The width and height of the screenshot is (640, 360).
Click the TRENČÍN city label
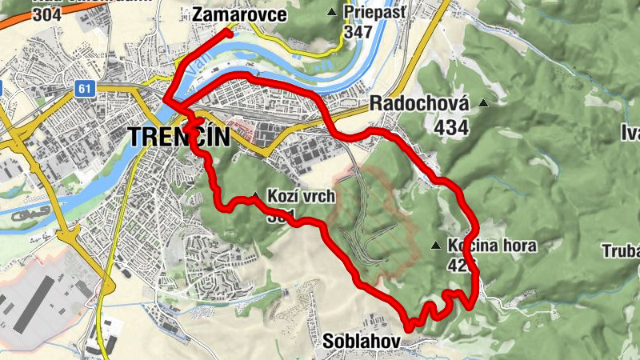[x=178, y=137]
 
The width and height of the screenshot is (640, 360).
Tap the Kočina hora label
[x=492, y=246]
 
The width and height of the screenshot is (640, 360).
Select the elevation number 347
[x=359, y=32]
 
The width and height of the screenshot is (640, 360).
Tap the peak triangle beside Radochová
[x=482, y=103]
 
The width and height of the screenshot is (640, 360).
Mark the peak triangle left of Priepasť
[x=332, y=11]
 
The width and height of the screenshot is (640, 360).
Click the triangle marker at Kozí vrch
[x=254, y=195]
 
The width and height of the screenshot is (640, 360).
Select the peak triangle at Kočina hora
[x=435, y=246]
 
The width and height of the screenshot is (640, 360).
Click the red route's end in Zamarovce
[x=229, y=34]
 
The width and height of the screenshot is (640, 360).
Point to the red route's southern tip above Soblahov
[x=409, y=327]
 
